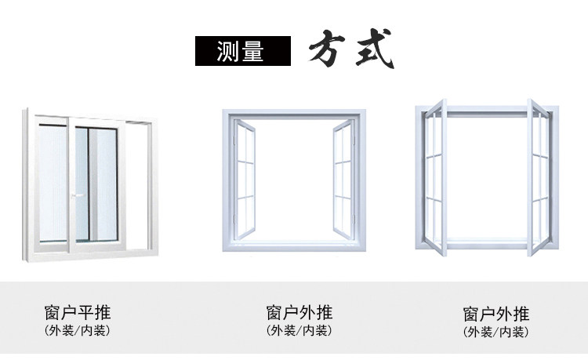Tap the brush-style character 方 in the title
(328, 51)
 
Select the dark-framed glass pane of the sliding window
(101, 181)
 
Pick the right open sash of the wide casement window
(344, 173)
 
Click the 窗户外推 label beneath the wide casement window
(299, 311)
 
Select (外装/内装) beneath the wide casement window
(299, 330)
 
